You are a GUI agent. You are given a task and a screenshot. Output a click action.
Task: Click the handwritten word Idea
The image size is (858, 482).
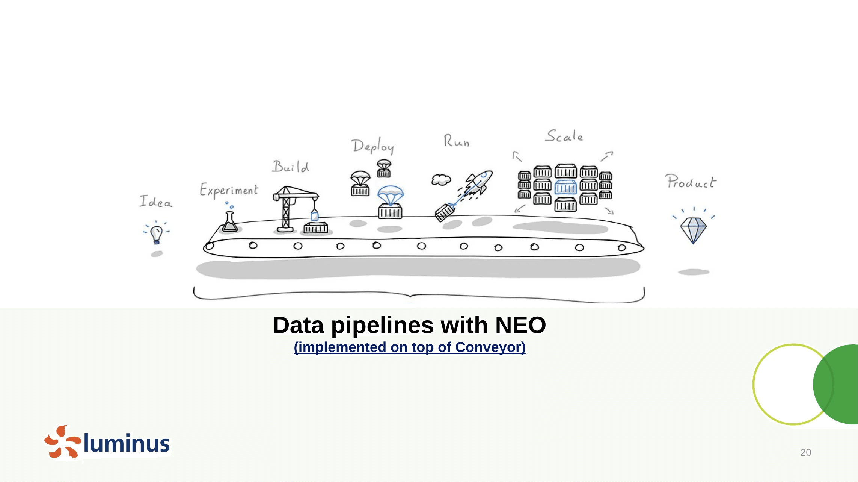pos(156,202)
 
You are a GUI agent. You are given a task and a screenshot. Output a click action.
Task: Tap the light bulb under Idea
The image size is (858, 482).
pos(157,234)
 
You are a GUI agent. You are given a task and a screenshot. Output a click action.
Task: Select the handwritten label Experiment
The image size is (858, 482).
pos(229,190)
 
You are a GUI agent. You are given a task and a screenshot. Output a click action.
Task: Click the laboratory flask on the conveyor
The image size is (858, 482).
pos(229,222)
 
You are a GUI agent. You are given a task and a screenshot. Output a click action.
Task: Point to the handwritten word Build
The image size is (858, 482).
pos(291,167)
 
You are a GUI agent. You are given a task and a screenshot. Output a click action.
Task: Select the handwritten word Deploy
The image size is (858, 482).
pos(373,146)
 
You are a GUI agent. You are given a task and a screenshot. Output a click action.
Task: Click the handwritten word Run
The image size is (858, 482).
pos(456,141)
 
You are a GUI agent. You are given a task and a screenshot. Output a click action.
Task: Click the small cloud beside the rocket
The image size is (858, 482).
pos(441,180)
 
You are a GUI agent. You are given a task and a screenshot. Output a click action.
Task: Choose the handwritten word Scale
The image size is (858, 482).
pos(564,136)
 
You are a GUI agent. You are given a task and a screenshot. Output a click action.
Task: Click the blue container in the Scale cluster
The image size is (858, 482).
pos(565,187)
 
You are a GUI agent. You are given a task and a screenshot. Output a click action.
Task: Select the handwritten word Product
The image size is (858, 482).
pos(691,182)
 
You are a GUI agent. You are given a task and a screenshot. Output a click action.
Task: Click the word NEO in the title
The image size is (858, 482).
pos(520,325)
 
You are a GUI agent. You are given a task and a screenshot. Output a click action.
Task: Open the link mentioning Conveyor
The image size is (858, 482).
pos(410,347)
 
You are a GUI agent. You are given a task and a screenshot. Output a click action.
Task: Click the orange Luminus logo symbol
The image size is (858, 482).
pos(62,442)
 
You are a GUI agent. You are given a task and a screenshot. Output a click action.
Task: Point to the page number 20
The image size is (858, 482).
pos(805,452)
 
